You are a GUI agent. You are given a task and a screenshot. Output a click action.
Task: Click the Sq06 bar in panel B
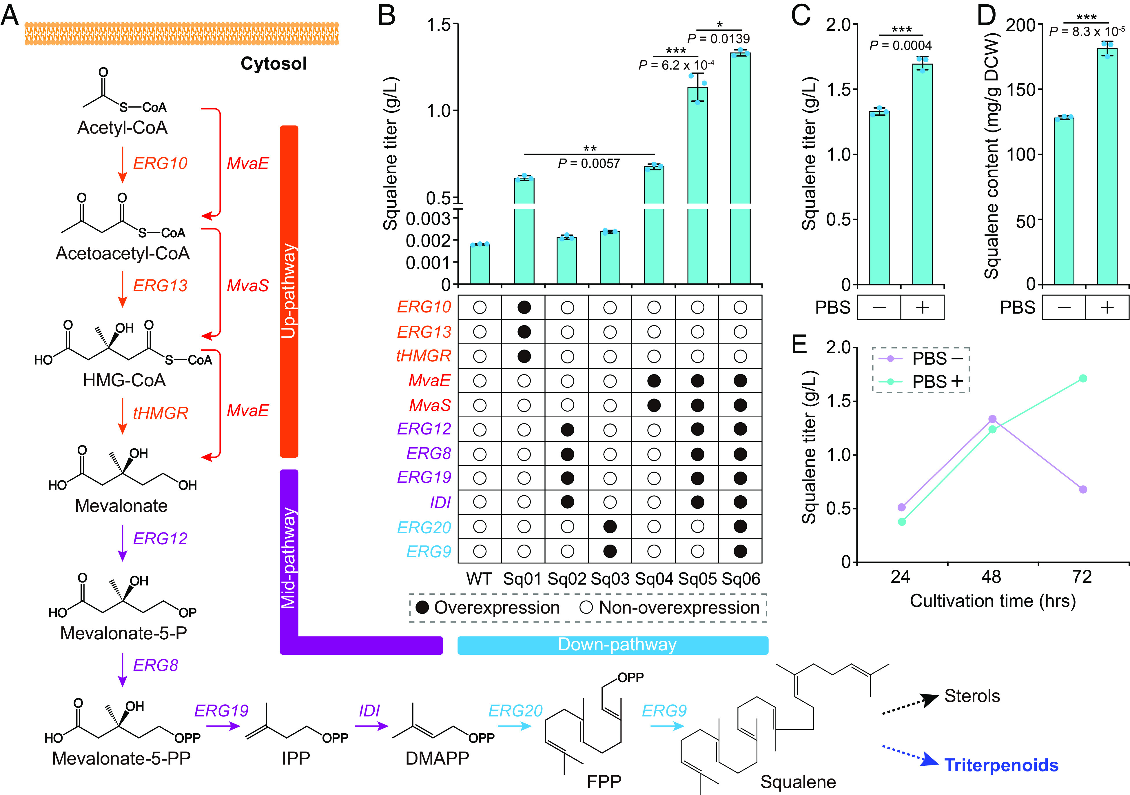[740, 167]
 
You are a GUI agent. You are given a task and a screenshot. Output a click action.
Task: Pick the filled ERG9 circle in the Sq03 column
[610, 551]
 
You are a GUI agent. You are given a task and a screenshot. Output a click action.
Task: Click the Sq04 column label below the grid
[654, 579]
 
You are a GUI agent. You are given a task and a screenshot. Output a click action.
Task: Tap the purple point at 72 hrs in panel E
[1083, 489]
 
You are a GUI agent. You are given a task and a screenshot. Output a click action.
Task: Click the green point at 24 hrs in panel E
[902, 521]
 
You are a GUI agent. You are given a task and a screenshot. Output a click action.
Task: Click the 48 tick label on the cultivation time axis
[991, 576]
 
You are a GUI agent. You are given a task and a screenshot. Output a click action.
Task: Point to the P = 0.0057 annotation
[589, 163]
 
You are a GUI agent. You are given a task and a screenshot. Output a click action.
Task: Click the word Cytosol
[274, 63]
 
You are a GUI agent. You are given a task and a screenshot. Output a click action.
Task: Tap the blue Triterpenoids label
[1001, 765]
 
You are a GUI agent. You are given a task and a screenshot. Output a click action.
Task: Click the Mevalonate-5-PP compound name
[121, 758]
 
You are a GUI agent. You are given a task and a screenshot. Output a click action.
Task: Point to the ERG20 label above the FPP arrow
[515, 711]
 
